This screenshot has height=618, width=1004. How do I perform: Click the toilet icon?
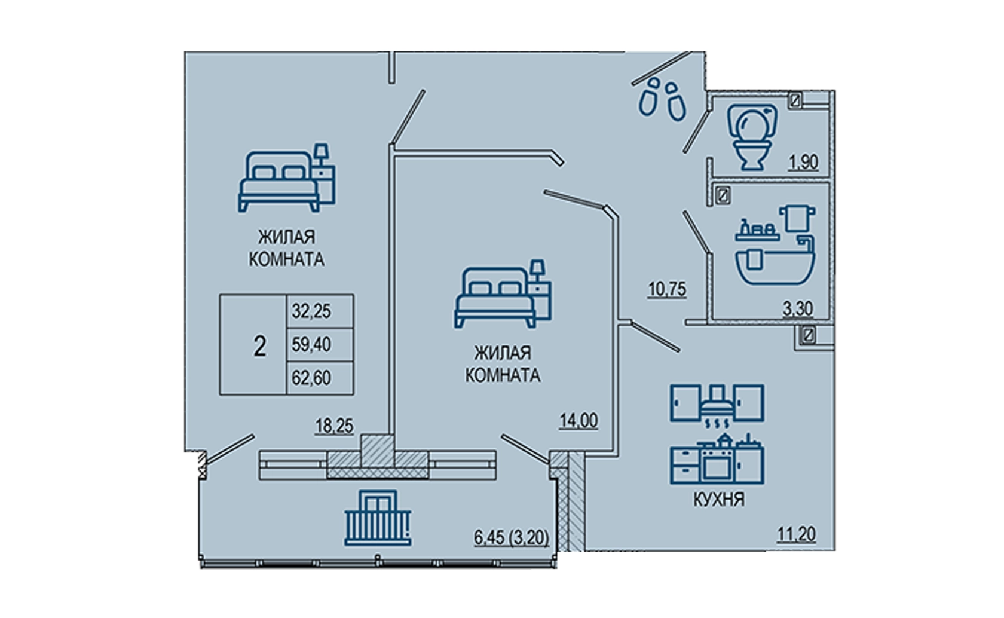tap(752, 137)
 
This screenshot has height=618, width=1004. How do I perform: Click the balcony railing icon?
tap(378, 519)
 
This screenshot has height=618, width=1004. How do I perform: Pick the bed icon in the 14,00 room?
tap(503, 293)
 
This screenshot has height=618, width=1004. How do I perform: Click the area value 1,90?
tap(803, 162)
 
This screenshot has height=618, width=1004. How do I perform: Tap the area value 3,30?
tap(798, 308)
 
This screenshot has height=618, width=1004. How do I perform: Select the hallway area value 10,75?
tap(668, 290)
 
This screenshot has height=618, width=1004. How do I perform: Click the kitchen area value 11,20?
tap(796, 534)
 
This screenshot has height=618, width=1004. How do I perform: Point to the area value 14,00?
tap(578, 421)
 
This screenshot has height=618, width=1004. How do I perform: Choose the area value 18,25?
tap(334, 426)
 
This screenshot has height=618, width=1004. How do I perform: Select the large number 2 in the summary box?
tap(259, 346)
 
